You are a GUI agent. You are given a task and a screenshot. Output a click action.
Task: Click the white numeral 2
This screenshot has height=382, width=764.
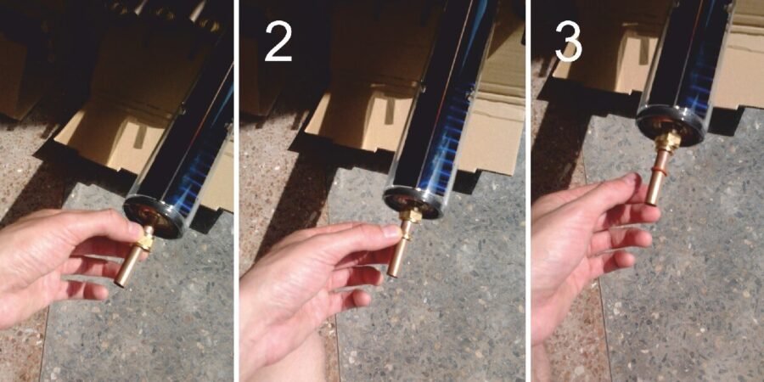coord(278,42)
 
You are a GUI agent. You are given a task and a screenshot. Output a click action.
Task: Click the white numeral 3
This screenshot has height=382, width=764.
coord(569,41)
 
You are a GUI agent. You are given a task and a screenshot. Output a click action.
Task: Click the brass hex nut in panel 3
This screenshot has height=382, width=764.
coord(667,141)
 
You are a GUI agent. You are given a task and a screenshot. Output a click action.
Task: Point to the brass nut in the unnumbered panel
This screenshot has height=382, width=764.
coord(143,241)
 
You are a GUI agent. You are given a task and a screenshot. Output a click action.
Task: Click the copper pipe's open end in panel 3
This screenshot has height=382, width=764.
coord(651,200)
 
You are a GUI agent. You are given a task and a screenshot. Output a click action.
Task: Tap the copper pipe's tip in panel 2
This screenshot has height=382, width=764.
coord(393,272)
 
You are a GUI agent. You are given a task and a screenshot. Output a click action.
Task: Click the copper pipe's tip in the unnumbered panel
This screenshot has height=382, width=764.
coord(121,282)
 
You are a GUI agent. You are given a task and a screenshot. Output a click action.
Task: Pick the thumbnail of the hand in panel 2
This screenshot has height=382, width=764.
coord(393,231)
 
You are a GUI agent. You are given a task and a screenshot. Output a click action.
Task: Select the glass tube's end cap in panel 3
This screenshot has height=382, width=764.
coord(671,126)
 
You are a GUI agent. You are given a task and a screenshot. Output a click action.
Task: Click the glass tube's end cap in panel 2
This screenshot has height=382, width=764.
coord(415,202)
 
